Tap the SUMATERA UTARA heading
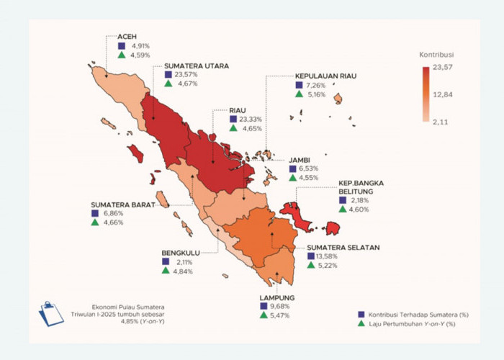tap(196, 66)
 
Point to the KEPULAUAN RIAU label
tap(325, 76)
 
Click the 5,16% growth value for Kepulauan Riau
tap(318, 94)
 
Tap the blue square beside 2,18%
tap(342, 200)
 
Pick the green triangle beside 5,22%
tap(311, 266)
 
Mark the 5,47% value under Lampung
tap(281, 316)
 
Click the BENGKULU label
tap(179, 253)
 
